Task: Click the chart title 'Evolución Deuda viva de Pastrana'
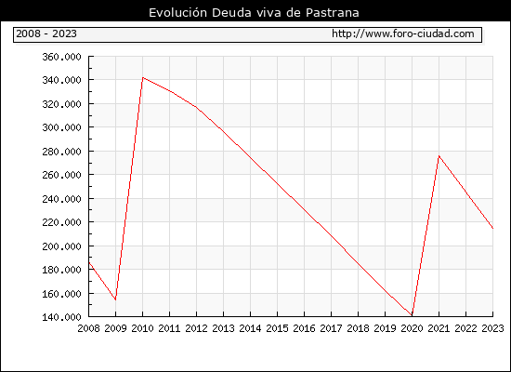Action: [254, 13]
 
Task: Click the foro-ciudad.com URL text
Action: [403, 33]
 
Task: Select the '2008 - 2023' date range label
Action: [46, 33]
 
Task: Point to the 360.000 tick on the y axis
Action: [61, 57]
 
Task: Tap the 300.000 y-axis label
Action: [61, 127]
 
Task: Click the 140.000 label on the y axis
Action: [61, 317]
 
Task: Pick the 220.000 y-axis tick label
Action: [61, 222]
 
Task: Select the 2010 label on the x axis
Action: [142, 328]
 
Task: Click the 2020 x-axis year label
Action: [412, 328]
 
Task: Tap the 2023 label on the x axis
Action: [492, 328]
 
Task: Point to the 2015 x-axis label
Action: [278, 328]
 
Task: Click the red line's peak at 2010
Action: [143, 78]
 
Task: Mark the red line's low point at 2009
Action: [116, 299]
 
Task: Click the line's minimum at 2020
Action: [412, 315]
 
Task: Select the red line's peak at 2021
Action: [439, 156]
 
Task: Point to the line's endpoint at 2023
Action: [492, 229]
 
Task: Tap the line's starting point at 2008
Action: [89, 262]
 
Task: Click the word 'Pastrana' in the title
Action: [333, 13]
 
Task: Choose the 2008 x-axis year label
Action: [88, 328]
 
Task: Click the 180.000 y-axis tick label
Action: [61, 270]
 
